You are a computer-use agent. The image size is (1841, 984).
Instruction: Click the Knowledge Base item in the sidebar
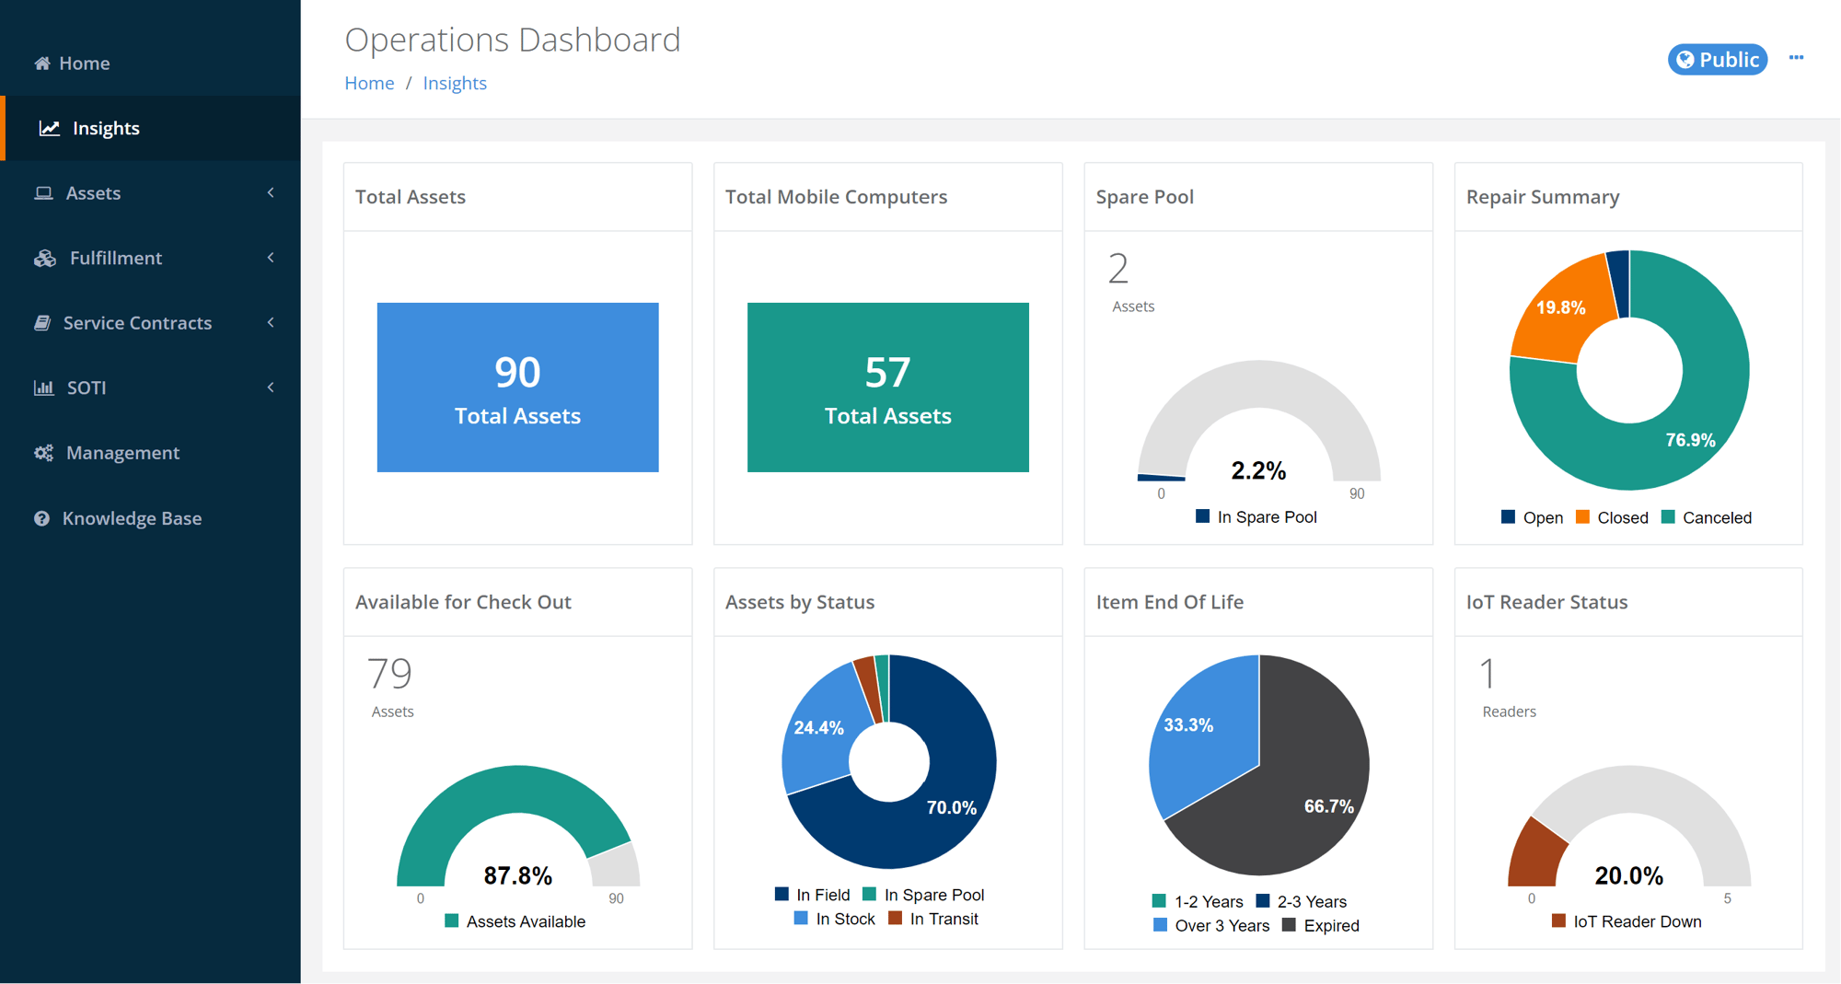pos(131,518)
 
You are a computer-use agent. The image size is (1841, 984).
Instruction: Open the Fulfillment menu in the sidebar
pos(116,258)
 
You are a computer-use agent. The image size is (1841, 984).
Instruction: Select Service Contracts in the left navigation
pos(137,323)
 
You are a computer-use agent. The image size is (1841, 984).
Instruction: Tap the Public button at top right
pos(1717,60)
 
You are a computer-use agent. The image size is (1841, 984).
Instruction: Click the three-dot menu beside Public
pos(1796,58)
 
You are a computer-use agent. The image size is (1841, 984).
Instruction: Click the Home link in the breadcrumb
pos(369,83)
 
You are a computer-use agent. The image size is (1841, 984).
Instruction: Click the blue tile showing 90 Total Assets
pos(517,387)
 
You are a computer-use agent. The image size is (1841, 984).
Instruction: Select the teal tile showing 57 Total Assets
pos(887,387)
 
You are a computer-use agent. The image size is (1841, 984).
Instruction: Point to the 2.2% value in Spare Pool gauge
pos(1258,470)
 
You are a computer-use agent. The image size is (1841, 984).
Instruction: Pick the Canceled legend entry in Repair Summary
pos(1707,517)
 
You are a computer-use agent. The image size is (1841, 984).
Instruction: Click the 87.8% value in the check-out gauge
pos(517,875)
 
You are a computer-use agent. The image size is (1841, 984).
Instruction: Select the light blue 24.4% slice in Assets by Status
pos(818,727)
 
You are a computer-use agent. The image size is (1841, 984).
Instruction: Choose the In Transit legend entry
pos(933,919)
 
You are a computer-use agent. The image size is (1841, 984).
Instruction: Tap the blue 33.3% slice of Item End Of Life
pos(1197,727)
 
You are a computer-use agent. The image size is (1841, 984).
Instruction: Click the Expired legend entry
pos(1321,925)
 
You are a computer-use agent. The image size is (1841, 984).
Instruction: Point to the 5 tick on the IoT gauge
pos(1727,898)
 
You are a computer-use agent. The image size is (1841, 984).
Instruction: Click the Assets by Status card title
pos(799,602)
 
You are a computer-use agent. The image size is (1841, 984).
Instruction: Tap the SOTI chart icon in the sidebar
pos(43,388)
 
